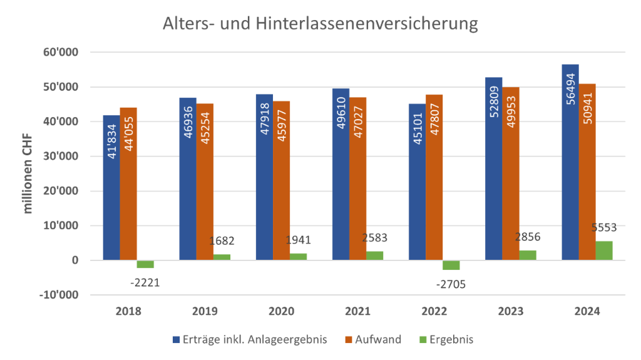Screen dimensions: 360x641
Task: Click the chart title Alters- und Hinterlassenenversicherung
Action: (x=320, y=24)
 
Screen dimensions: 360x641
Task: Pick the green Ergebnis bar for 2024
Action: (x=605, y=250)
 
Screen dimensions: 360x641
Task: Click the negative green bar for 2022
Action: (x=452, y=265)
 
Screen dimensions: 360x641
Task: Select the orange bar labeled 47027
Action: (x=357, y=178)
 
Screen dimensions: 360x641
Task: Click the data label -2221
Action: (x=145, y=282)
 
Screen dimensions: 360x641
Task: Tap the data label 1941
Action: (x=298, y=240)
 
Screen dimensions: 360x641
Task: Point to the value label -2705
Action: (x=451, y=285)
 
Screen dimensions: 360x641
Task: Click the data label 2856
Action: (x=527, y=237)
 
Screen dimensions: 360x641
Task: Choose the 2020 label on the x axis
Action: (x=281, y=311)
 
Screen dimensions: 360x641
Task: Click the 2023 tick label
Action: (x=510, y=311)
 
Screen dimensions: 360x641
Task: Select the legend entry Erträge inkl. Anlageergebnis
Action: (x=251, y=339)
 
